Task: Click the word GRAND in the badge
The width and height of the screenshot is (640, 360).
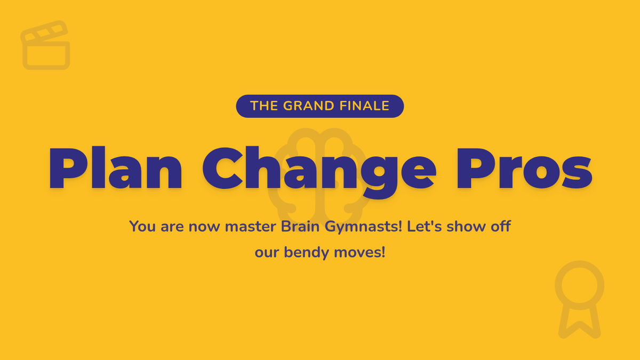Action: pyautogui.click(x=309, y=106)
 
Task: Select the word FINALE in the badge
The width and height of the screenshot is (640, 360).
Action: pyautogui.click(x=364, y=106)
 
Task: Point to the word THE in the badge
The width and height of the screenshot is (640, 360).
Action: pyautogui.click(x=263, y=106)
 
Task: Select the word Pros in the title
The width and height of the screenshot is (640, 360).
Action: pyautogui.click(x=524, y=169)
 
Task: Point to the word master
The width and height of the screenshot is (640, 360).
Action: pyautogui.click(x=250, y=227)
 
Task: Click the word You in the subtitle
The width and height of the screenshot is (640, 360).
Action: pyautogui.click(x=142, y=226)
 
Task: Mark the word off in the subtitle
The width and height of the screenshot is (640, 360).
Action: pyautogui.click(x=501, y=226)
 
